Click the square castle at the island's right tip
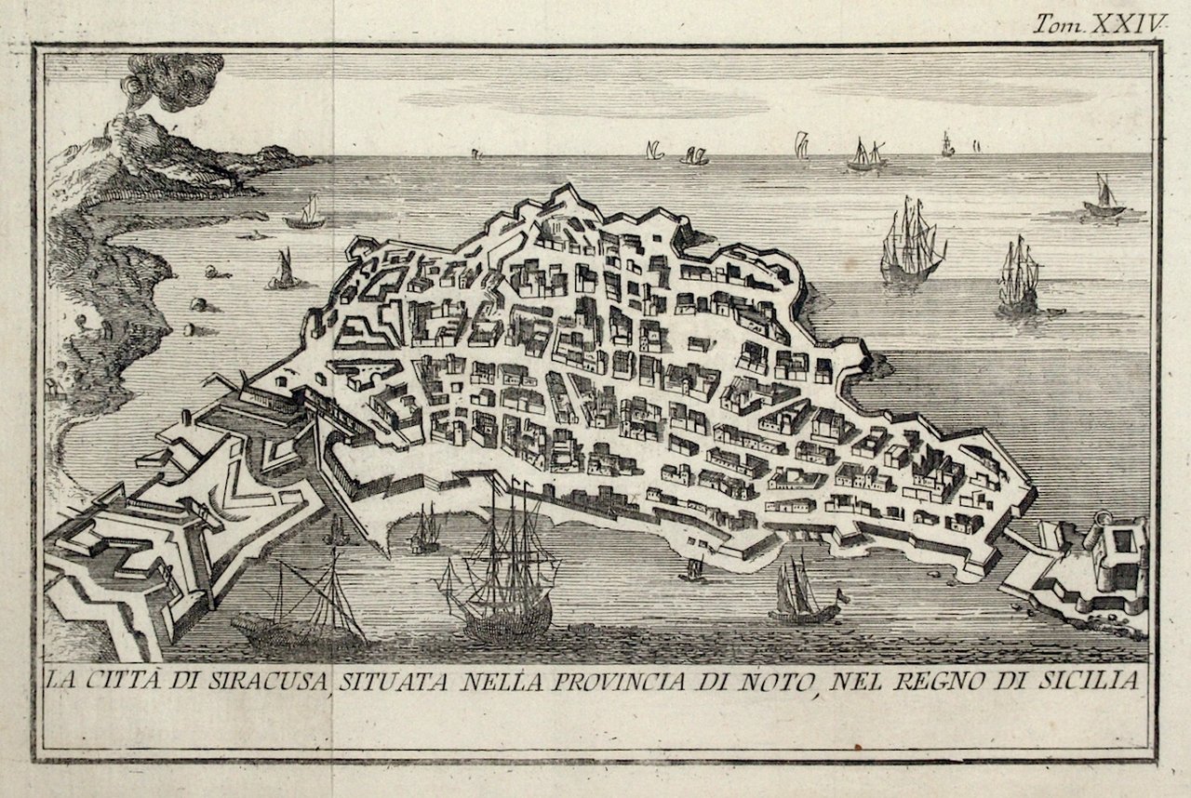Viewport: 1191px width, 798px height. coord(1117,558)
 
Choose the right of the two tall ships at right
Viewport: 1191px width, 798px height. coord(1018,277)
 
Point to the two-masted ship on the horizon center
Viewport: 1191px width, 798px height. coord(865,156)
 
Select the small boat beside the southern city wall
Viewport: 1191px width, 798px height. coord(691,569)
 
